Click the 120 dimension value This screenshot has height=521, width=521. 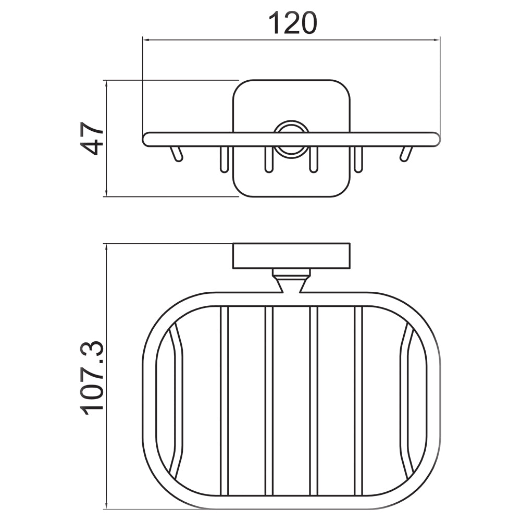[292, 23]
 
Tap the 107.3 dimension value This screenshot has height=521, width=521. [94, 377]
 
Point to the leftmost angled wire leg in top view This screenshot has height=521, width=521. [176, 154]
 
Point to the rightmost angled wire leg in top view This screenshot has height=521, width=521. [405, 154]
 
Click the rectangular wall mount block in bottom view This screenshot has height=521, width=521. [291, 256]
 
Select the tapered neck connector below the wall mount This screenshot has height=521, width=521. [291, 284]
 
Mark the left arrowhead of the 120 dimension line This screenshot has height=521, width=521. [146, 39]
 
